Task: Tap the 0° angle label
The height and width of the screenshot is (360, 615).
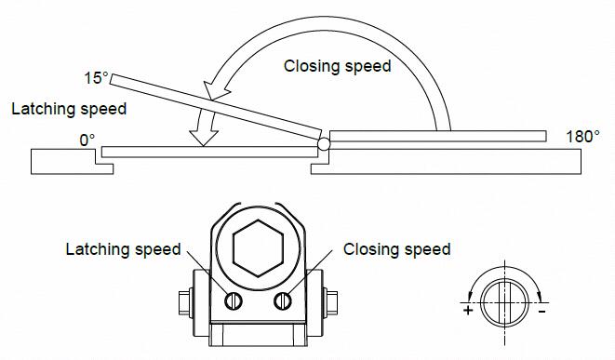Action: click(x=87, y=140)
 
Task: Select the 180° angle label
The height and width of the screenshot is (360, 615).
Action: click(x=582, y=136)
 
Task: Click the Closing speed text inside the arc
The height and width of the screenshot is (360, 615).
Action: click(x=337, y=66)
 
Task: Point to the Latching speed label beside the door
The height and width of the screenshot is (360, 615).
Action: click(x=69, y=109)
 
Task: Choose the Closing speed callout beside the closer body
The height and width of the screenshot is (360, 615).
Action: click(x=396, y=249)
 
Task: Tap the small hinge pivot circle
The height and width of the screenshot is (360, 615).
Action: click(x=324, y=144)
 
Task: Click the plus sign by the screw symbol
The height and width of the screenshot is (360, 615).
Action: click(x=467, y=311)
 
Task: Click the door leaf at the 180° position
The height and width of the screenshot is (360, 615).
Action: click(x=437, y=137)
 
